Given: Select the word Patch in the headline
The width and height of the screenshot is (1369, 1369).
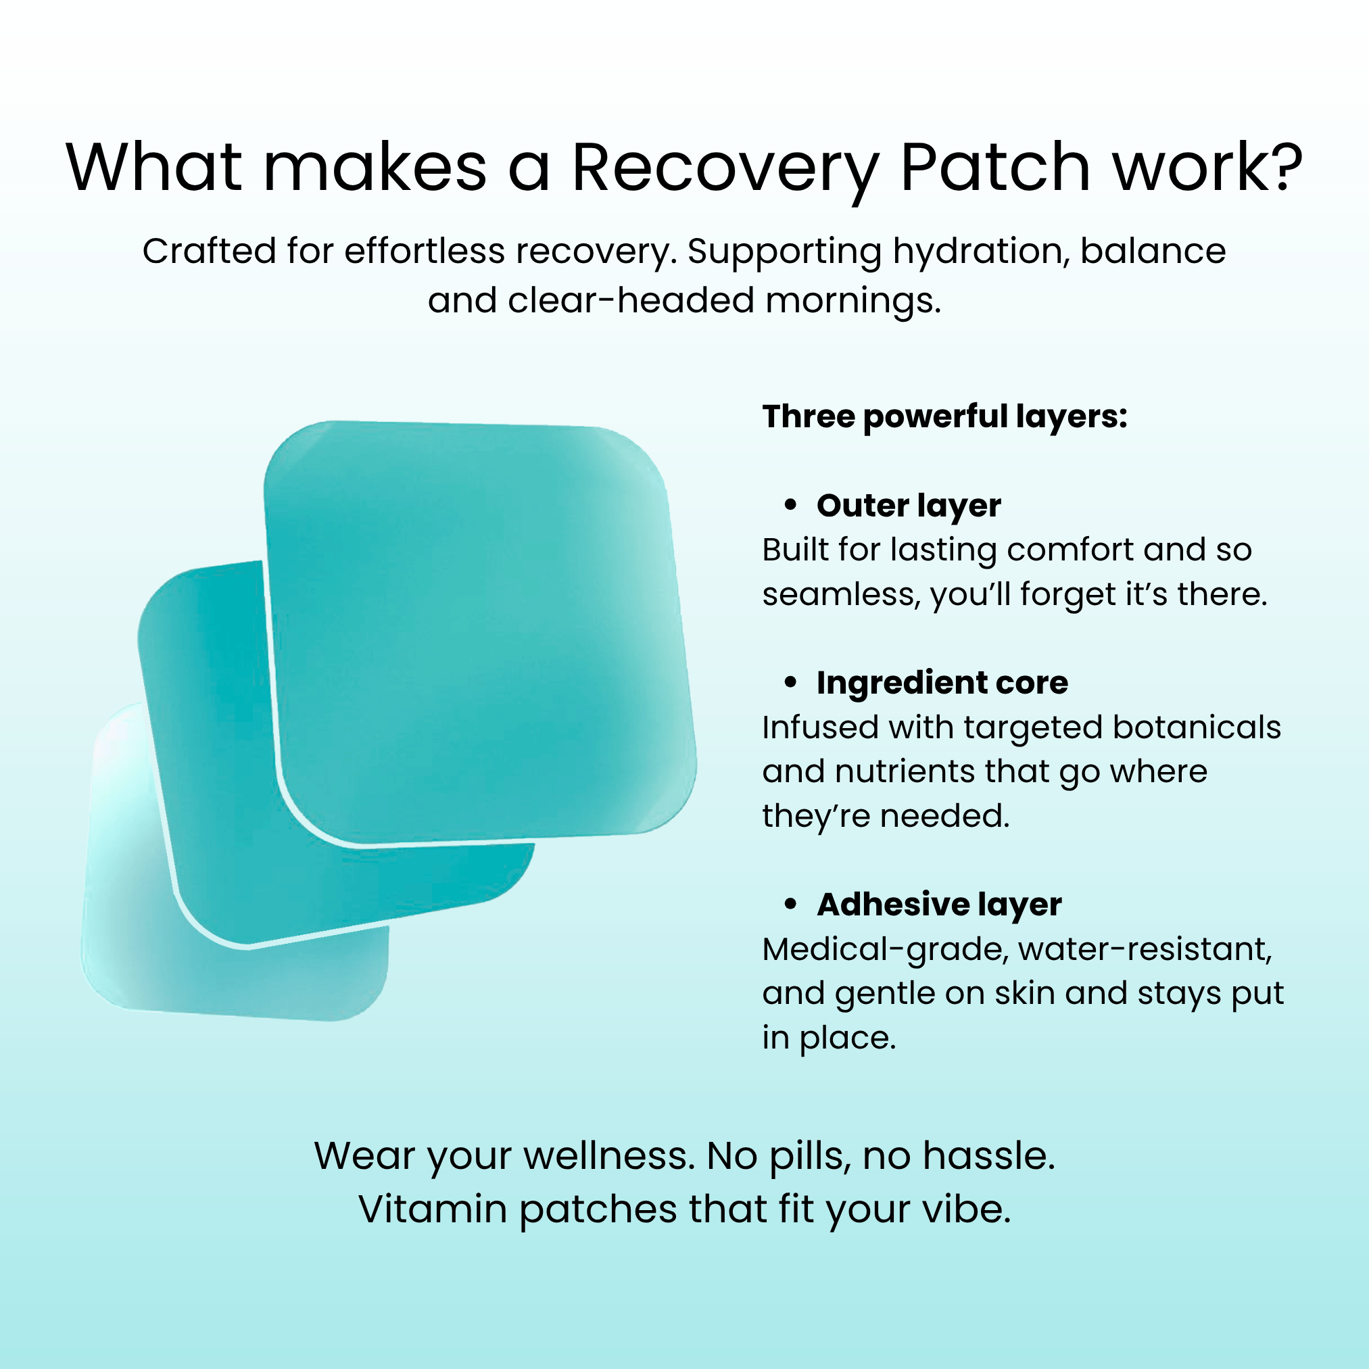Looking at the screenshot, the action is point(995,166).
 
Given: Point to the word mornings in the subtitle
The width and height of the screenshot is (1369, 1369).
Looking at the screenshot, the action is point(853,301).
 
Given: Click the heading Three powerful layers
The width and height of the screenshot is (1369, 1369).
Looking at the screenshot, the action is point(944,416).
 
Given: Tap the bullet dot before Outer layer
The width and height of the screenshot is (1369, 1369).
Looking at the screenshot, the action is point(791,505).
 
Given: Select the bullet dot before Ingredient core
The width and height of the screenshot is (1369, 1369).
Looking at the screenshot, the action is point(791,682).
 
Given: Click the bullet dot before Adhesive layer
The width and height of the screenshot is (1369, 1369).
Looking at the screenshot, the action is point(791,904).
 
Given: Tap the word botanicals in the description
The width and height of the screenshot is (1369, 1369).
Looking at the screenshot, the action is point(1197,727).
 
